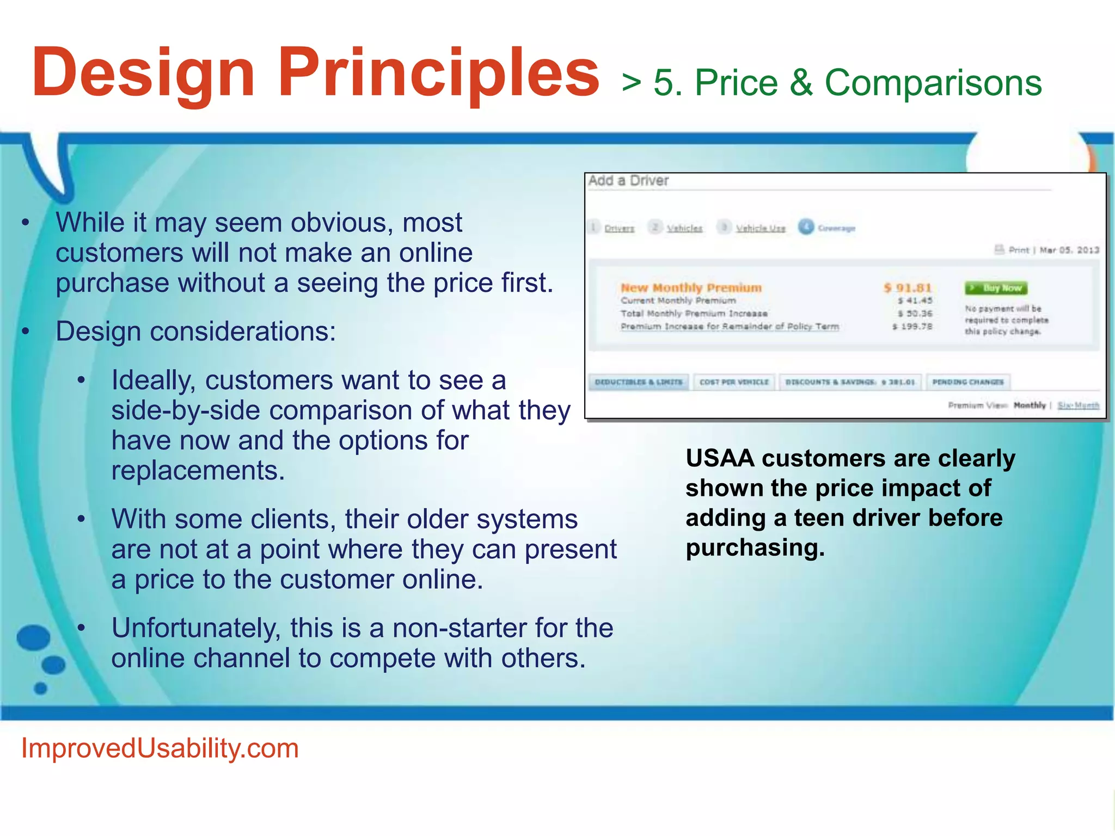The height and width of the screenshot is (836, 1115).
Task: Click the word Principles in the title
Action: (x=438, y=73)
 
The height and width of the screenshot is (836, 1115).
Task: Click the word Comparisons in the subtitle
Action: (x=933, y=83)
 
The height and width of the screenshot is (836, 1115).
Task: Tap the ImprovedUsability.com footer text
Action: (x=160, y=748)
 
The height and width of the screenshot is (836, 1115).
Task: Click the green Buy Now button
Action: (x=996, y=288)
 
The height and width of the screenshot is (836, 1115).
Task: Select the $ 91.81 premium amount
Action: (x=908, y=287)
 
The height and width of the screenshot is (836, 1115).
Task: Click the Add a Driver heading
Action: (x=628, y=181)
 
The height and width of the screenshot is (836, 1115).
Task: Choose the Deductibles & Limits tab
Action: (x=639, y=382)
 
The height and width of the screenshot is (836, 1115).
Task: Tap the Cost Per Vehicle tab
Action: (x=734, y=382)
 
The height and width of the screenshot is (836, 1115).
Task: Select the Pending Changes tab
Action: (x=967, y=382)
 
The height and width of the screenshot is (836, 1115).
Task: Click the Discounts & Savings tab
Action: (x=850, y=382)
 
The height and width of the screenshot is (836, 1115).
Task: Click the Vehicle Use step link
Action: (x=761, y=229)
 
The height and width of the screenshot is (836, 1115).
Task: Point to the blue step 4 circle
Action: (x=806, y=227)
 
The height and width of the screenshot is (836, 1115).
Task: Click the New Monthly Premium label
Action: (x=691, y=287)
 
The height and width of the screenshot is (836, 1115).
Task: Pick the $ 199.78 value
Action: (x=912, y=327)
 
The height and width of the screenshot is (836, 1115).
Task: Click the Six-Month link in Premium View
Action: (x=1078, y=405)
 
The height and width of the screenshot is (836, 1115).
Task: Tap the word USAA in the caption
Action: (x=720, y=458)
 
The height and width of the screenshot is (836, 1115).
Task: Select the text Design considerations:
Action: (x=196, y=331)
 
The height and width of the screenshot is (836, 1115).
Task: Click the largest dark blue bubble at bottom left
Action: (x=34, y=637)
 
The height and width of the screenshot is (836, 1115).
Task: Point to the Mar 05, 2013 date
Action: (x=1069, y=250)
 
